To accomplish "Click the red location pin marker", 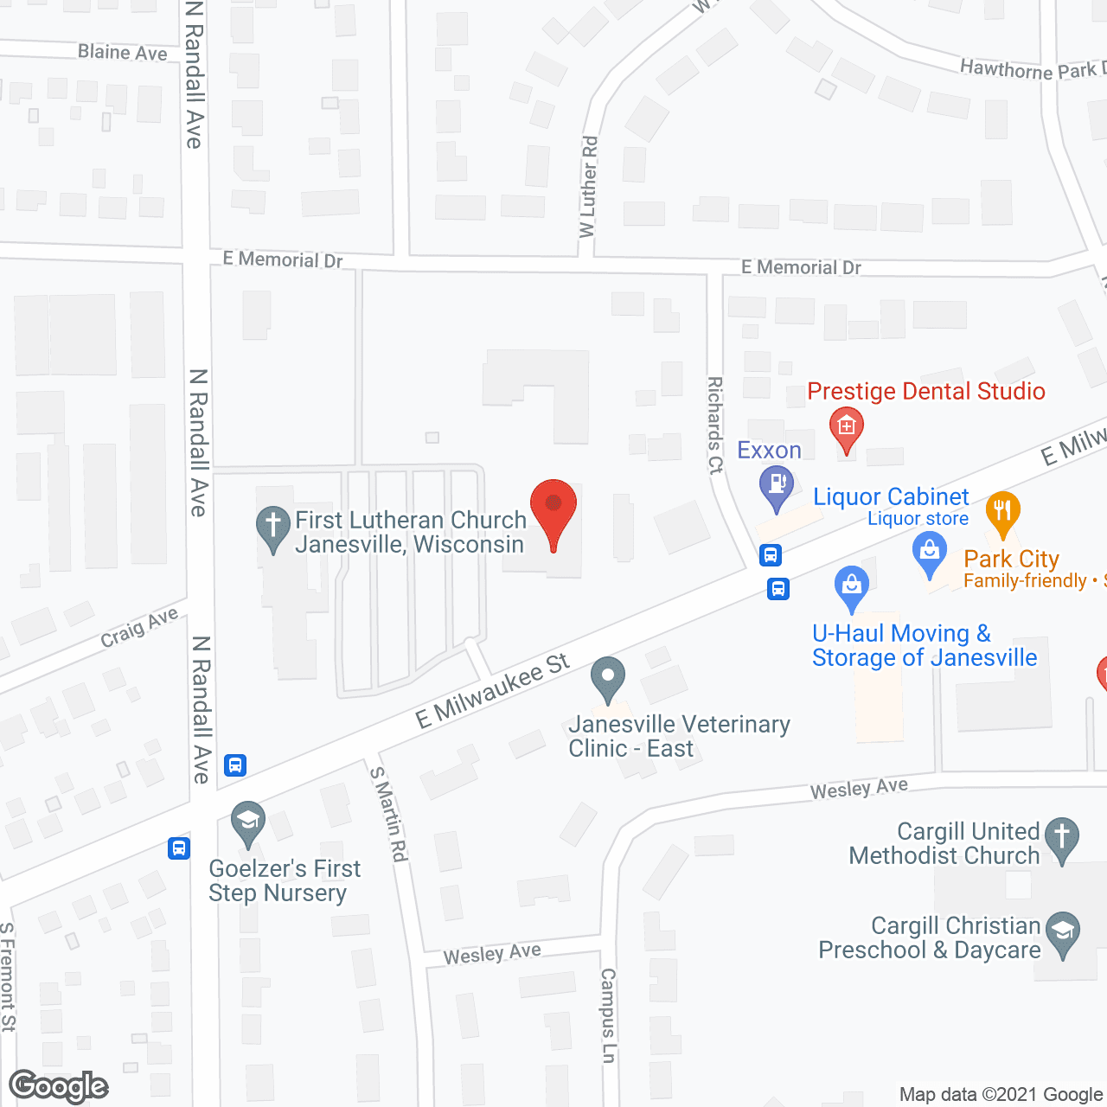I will point(553,510).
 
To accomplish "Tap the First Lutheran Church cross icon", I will point(273,527).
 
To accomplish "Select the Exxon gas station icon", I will point(776,485).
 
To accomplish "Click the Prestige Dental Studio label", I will point(925,392).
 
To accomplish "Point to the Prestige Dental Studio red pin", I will point(846,429).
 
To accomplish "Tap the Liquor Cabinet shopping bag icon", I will point(930,552).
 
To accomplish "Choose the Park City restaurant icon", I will point(1002,513).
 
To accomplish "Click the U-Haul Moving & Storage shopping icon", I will point(852,586).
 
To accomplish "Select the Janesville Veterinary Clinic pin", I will point(608,676).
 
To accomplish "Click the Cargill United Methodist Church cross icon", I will point(1061,838).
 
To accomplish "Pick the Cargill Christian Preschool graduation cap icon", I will point(1062,933).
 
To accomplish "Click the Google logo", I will point(59,1086).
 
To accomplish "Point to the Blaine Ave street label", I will point(123,53).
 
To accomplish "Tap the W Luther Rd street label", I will point(589,186).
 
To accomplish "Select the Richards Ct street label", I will point(715,425).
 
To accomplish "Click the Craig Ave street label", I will point(139,627).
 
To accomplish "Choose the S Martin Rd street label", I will point(388,814).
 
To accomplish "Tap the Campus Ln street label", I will point(608,1015).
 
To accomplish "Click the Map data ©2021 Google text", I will point(1001,1095).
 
